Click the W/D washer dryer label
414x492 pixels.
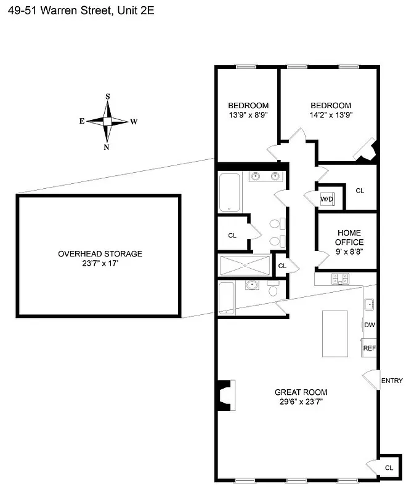[x=326, y=199]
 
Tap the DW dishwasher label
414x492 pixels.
[x=369, y=325]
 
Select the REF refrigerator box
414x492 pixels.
[x=369, y=347]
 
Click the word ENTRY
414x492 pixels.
[x=392, y=381]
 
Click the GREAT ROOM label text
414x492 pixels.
[x=301, y=392]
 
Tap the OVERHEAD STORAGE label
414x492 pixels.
[x=100, y=253]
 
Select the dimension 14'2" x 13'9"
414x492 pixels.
[x=331, y=114]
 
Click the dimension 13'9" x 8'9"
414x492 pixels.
[x=248, y=114]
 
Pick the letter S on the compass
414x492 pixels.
[x=108, y=97]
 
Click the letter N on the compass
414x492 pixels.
[x=107, y=147]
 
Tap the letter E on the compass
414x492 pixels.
[x=81, y=122]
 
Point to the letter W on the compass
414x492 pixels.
[x=134, y=122]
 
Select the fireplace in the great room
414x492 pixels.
[x=224, y=396]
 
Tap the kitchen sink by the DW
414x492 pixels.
[x=370, y=303]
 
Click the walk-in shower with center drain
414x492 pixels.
[x=245, y=265]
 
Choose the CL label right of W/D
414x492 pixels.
[x=360, y=191]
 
